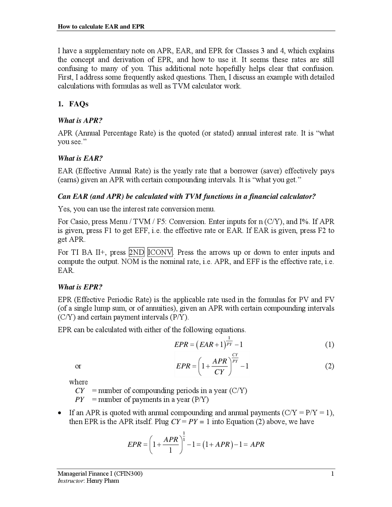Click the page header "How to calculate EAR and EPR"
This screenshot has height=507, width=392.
[101, 27]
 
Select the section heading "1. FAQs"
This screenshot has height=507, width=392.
[73, 104]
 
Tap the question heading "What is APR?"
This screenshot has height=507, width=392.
[80, 120]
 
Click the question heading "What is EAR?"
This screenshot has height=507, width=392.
[80, 158]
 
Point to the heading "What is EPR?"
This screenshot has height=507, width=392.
[80, 287]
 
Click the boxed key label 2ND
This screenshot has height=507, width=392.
[137, 252]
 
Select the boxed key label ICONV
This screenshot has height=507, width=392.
[160, 252]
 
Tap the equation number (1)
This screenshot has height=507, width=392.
[329, 345]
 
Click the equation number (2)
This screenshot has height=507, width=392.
[329, 366]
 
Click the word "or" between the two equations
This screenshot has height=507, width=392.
[78, 366]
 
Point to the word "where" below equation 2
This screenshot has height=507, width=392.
[78, 382]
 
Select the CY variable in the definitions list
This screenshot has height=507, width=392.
[80, 391]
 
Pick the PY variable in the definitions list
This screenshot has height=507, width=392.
[80, 400]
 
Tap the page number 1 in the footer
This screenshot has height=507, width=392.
[333, 474]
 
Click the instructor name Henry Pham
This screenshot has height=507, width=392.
[103, 481]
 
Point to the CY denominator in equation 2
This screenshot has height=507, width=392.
[219, 372]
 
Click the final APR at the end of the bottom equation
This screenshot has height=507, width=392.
[257, 444]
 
